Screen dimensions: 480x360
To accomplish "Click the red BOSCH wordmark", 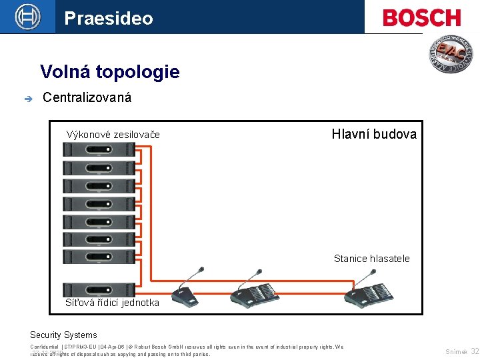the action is (421, 17).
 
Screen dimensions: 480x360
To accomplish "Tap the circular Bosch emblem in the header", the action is (27, 17).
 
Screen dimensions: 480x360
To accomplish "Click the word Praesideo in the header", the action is (109, 18).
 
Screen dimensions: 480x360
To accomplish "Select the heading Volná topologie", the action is (109, 71).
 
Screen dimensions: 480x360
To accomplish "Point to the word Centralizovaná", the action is (87, 98).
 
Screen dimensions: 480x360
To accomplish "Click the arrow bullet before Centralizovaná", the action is (27, 99).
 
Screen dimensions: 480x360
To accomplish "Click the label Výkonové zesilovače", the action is (113, 135).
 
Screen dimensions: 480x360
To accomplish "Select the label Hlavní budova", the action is (374, 134).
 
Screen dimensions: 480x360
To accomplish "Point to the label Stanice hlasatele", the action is (371, 259).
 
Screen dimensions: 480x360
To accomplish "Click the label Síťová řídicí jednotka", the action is (112, 303).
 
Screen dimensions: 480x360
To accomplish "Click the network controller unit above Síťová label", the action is (99, 289).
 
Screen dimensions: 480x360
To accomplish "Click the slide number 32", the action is (474, 351).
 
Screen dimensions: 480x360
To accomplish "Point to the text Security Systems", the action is (63, 335).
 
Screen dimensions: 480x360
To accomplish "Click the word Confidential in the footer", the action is (44, 347).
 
